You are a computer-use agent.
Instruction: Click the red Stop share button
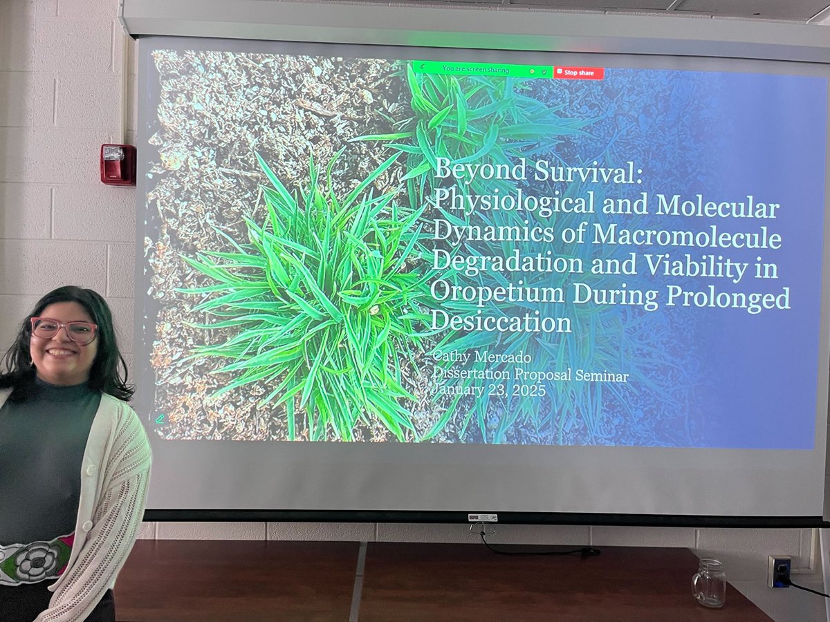578,73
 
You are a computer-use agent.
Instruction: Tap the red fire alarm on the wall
118,164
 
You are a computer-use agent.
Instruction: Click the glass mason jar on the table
708,583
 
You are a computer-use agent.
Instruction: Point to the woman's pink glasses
64,330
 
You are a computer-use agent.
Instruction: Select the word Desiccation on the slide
501,323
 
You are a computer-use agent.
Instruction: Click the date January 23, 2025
488,390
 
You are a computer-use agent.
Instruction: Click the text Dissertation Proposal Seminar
530,375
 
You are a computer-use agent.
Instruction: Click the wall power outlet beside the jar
780,572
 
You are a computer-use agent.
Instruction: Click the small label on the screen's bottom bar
483,518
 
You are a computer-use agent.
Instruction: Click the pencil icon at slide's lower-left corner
160,419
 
